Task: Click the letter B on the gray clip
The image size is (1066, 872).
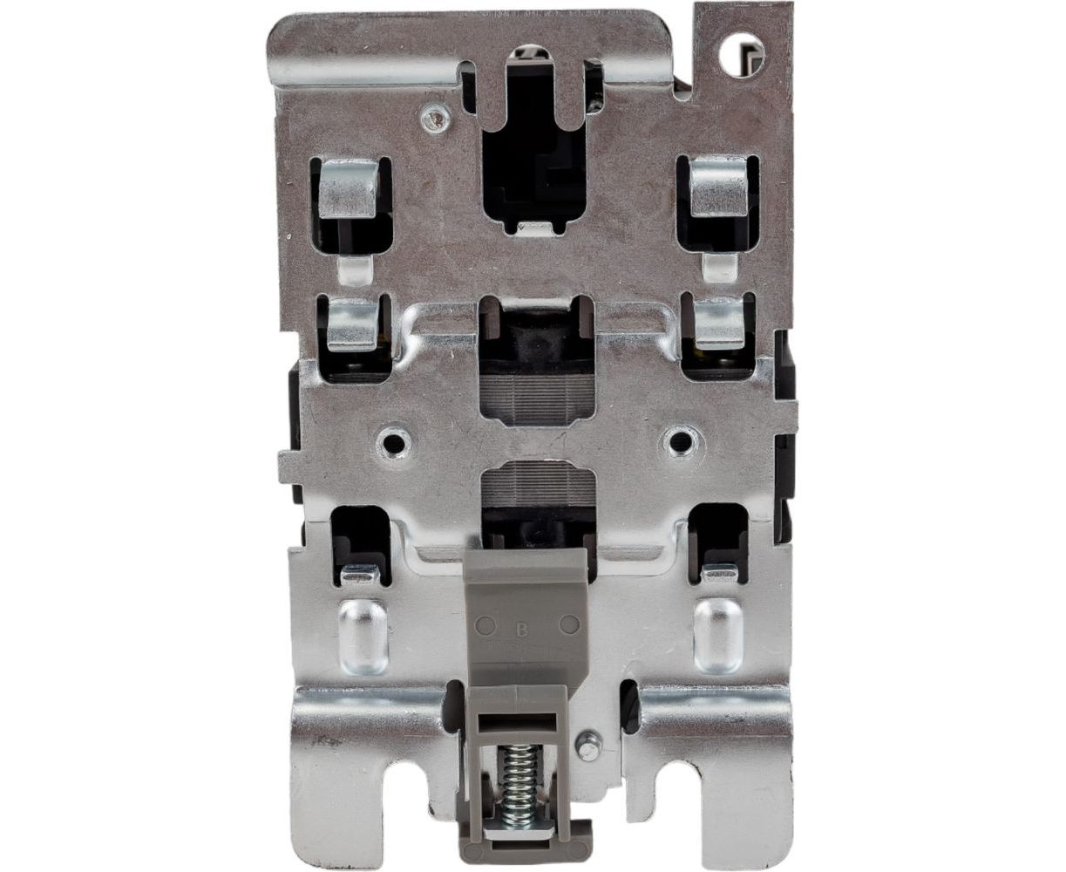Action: [x=521, y=630]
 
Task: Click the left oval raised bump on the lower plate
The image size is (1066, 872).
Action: [x=363, y=636]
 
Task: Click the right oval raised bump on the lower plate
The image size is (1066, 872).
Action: [x=718, y=636]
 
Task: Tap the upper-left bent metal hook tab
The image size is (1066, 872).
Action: [x=350, y=188]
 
